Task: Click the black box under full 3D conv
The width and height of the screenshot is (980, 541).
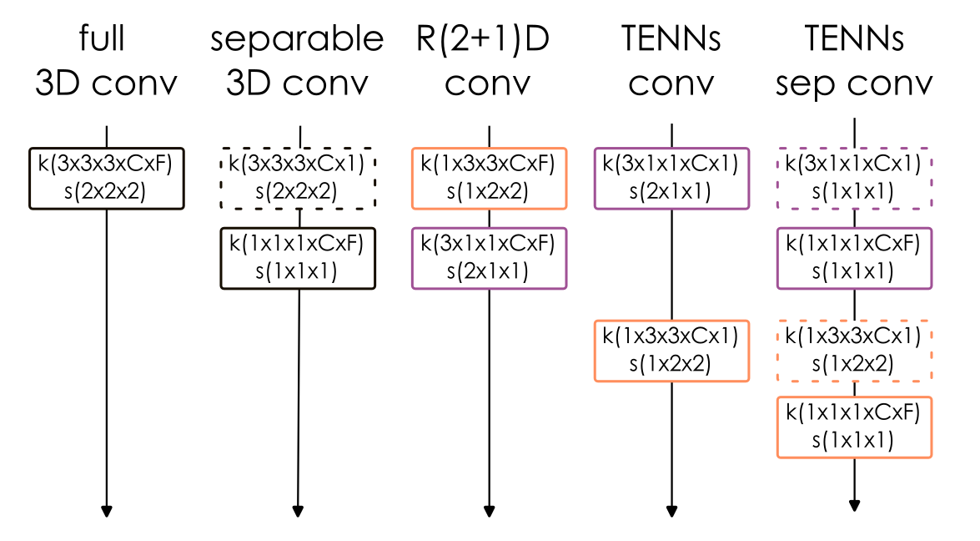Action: (106, 178)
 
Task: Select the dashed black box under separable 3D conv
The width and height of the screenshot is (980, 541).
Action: (299, 178)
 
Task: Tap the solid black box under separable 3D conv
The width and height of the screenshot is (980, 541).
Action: (299, 258)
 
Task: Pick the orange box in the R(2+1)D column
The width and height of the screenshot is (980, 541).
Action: (489, 178)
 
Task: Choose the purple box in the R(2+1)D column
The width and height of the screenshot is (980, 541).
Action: (489, 258)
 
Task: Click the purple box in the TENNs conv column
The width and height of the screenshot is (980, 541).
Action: (671, 178)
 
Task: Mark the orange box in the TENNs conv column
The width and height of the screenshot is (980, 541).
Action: (671, 351)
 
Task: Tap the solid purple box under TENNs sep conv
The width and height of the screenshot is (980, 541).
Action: (854, 258)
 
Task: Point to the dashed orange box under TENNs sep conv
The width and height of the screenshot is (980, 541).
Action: (854, 351)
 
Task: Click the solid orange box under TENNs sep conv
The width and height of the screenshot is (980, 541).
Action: (854, 427)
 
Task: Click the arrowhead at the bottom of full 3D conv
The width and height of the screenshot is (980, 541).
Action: (107, 511)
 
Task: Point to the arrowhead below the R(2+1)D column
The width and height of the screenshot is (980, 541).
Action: (489, 511)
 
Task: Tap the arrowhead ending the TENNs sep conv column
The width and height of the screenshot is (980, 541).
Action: (854, 504)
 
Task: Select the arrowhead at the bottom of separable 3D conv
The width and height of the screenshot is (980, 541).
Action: (298, 511)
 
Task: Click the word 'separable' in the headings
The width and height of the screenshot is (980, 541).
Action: (297, 40)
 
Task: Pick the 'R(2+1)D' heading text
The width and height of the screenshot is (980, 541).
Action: (483, 40)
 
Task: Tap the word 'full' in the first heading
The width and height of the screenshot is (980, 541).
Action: (104, 38)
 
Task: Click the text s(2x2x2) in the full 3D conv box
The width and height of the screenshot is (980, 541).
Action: (105, 191)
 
